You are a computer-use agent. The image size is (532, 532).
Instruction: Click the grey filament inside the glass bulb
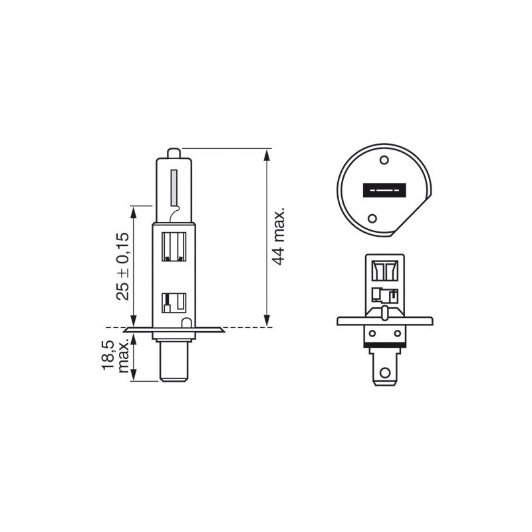[x=174, y=188]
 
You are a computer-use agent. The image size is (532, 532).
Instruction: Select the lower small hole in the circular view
[x=373, y=217]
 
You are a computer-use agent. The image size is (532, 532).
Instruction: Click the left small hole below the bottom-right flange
[x=373, y=333]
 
